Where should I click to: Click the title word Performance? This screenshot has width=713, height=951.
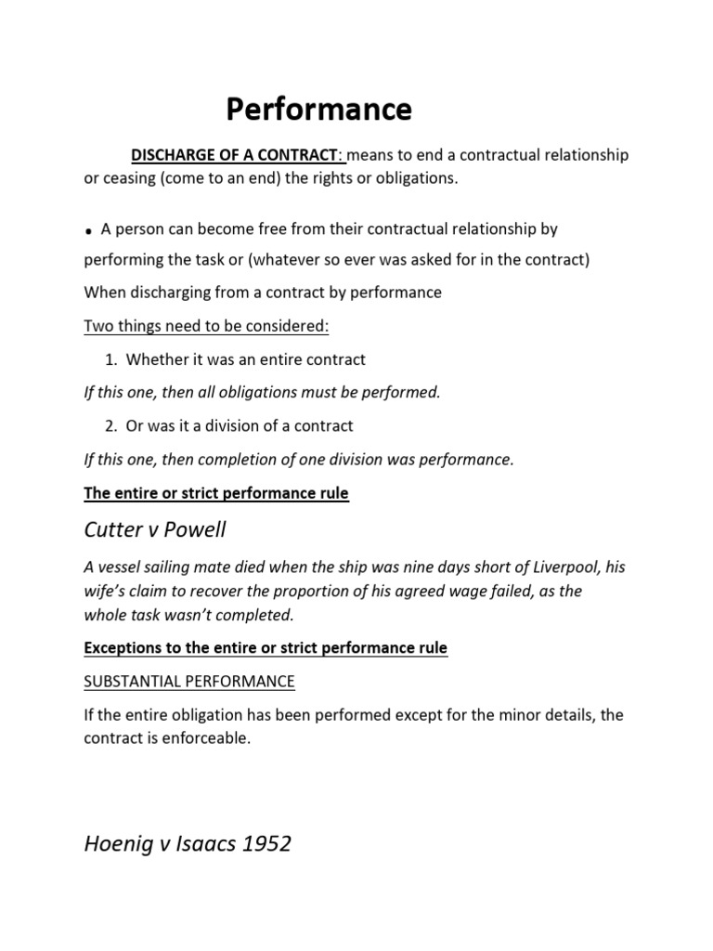pyautogui.click(x=319, y=111)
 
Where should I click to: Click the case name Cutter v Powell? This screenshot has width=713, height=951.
pyautogui.click(x=155, y=530)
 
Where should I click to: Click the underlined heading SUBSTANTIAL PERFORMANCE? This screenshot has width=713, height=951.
pyautogui.click(x=189, y=681)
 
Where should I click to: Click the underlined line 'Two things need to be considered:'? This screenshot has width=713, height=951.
pyautogui.click(x=207, y=326)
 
